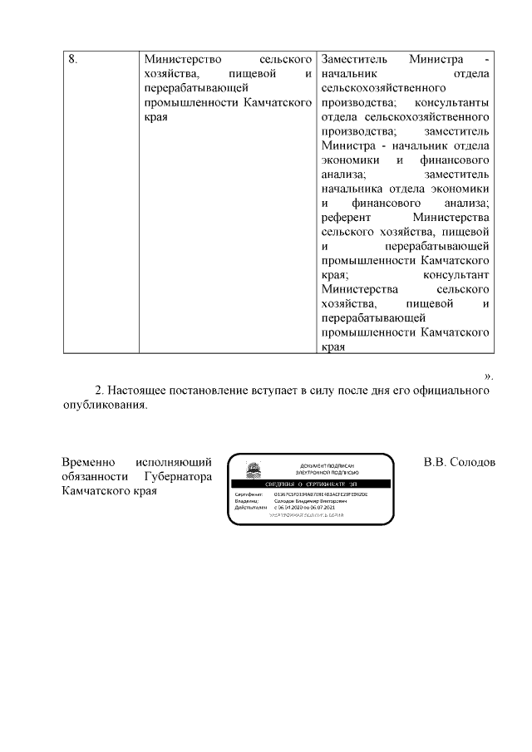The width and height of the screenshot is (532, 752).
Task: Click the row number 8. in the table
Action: click(72, 60)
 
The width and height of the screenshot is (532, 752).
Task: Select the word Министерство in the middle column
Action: click(180, 60)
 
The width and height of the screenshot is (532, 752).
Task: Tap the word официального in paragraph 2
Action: click(451, 390)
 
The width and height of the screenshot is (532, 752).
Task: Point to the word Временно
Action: click(90, 462)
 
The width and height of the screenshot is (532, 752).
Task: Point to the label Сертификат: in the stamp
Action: click(249, 494)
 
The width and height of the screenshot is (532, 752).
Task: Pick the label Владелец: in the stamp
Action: click(248, 501)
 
